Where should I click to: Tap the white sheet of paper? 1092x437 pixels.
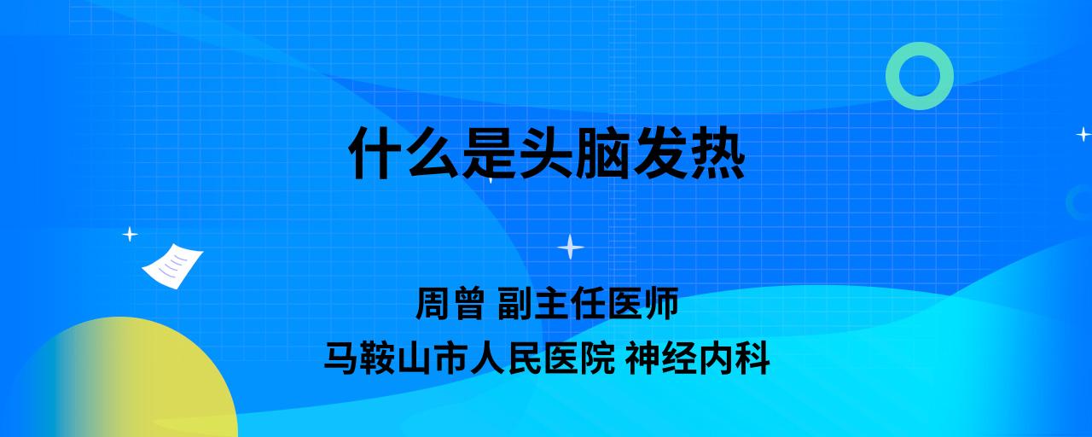click(x=172, y=266)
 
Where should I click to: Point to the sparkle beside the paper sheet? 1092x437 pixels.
click(x=130, y=235)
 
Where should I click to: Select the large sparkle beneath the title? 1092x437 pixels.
click(x=571, y=247)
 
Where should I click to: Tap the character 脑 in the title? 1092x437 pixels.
click(x=602, y=153)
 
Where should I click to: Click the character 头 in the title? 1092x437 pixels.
click(x=546, y=153)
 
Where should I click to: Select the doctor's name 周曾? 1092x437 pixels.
click(x=450, y=303)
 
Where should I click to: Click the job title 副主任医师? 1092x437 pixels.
click(x=588, y=303)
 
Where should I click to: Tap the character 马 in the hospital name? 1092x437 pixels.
click(x=342, y=358)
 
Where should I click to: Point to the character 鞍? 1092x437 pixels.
click(x=378, y=358)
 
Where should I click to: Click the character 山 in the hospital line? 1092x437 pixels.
click(x=415, y=358)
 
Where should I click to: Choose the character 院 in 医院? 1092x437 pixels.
click(x=598, y=358)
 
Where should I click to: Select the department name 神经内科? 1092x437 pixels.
click(x=698, y=358)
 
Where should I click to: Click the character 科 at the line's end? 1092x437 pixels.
click(x=752, y=358)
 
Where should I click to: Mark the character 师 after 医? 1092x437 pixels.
click(x=661, y=303)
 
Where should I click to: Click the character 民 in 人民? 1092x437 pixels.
click(x=525, y=358)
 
